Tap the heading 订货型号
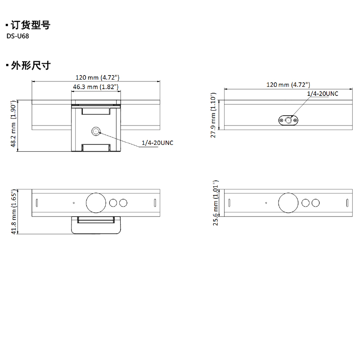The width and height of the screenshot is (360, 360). (x=30, y=25)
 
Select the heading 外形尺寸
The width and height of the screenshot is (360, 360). (x=30, y=66)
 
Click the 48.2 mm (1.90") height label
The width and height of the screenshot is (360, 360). (x=13, y=124)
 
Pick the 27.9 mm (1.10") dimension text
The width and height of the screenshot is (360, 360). (x=214, y=115)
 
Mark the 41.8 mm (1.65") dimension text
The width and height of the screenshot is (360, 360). (x=13, y=211)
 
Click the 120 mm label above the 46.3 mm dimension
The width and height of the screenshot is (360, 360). (x=96, y=77)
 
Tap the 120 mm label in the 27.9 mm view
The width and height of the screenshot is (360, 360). (x=288, y=85)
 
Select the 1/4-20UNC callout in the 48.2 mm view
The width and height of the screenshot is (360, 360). (x=157, y=143)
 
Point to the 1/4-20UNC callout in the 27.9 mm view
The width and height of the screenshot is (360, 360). (x=322, y=93)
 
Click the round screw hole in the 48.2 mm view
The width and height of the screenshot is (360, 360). (x=96, y=131)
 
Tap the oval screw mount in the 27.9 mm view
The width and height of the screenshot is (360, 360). (x=288, y=120)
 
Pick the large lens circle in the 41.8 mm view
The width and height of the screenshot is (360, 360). (x=95, y=203)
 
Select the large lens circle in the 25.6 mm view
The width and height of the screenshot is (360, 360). (x=288, y=203)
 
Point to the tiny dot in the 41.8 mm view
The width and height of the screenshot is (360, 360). (x=74, y=202)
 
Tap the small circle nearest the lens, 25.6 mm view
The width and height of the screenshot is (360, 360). (x=306, y=203)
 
